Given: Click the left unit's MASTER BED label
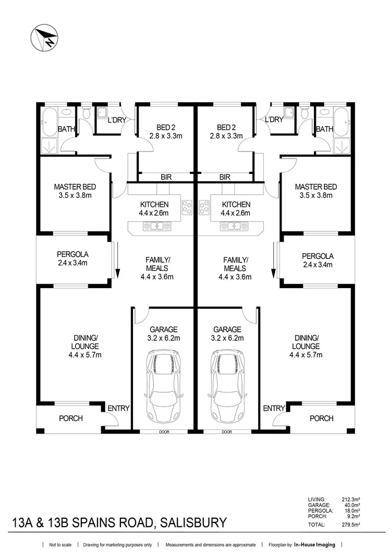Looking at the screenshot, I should click(x=75, y=187).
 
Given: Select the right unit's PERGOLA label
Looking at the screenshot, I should click(x=317, y=256).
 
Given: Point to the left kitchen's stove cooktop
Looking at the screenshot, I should click(x=186, y=207).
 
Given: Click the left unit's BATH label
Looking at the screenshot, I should click(x=66, y=129).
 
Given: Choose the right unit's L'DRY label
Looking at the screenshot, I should click(x=274, y=119).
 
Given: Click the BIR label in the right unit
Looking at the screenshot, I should click(x=225, y=177).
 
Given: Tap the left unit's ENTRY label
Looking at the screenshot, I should click(x=118, y=408).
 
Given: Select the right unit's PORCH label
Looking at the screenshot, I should click(x=321, y=418).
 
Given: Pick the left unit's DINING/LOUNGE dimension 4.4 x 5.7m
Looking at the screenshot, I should click(x=85, y=355).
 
